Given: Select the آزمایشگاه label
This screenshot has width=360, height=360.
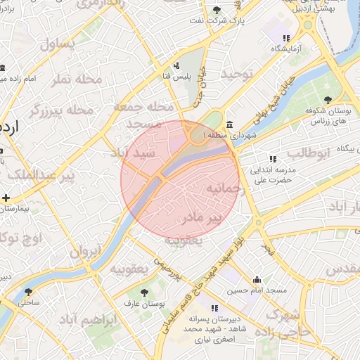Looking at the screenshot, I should (287, 49).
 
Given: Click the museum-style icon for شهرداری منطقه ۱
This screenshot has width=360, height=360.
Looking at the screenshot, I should (230, 124).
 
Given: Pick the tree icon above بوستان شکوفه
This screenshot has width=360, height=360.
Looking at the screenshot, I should (328, 99).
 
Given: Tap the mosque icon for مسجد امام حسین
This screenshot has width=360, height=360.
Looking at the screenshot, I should (257, 279).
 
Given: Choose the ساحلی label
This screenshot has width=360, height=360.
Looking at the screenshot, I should (29, 303).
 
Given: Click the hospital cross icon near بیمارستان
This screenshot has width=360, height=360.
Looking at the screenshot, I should (6, 198).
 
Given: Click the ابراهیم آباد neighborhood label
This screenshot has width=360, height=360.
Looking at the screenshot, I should (87, 321).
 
